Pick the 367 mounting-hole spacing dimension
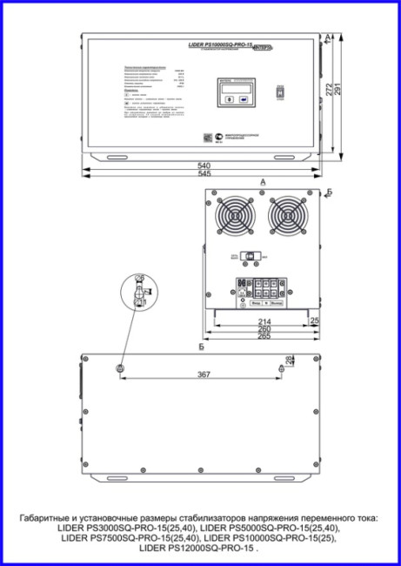[x=202, y=375]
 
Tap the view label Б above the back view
[x=201, y=347]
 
